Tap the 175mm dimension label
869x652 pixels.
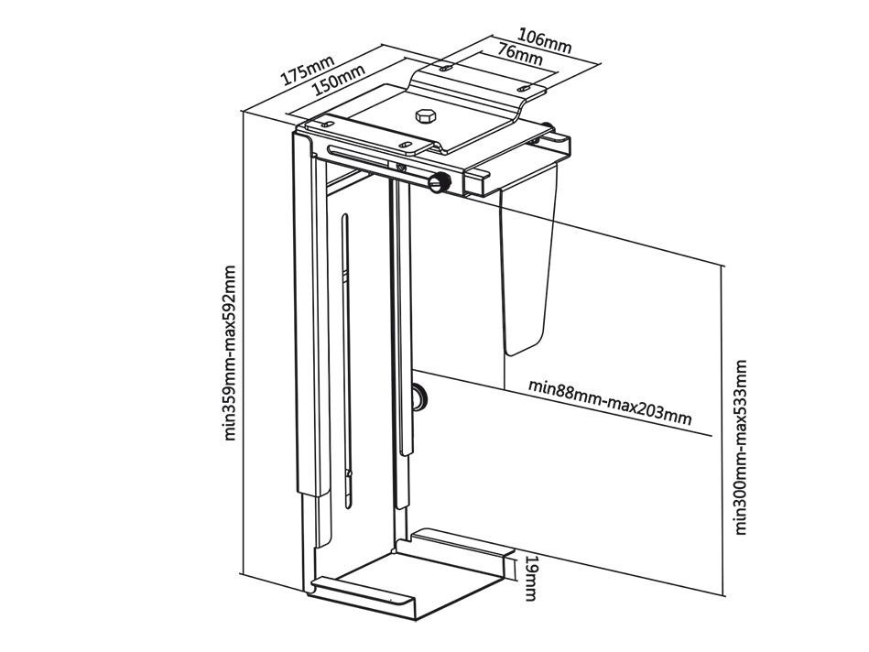tap(307, 71)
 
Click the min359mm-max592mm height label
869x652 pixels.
tap(230, 353)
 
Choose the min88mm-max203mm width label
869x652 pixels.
tap(609, 400)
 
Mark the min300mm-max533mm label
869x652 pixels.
tap(741, 447)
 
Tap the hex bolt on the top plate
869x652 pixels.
tap(425, 117)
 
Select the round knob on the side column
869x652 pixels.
tap(421, 397)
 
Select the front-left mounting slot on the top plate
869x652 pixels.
tap(327, 123)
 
